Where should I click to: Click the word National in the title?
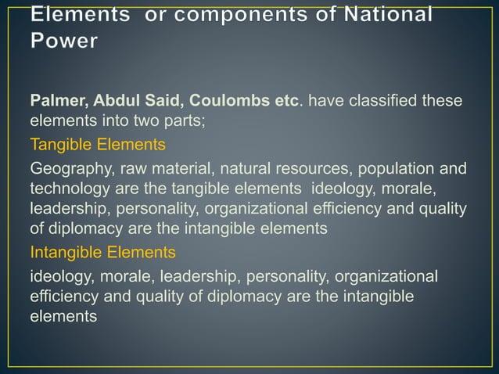click(x=384, y=15)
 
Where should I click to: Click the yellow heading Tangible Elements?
click(x=97, y=146)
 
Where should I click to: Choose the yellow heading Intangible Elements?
click(x=102, y=252)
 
